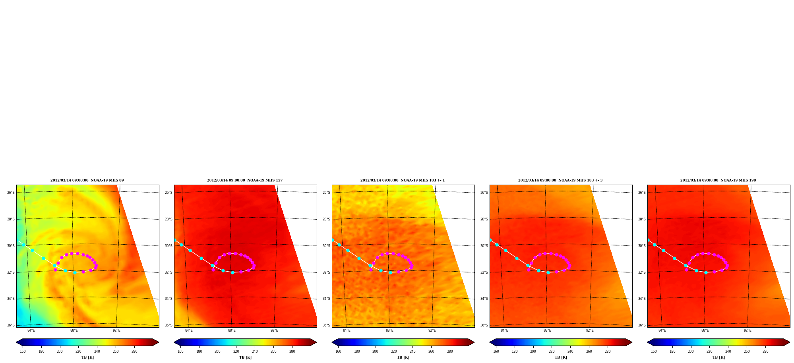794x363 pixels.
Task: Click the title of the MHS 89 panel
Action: click(x=87, y=180)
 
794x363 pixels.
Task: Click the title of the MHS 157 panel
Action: click(x=245, y=180)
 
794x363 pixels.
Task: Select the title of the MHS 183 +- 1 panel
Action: click(x=403, y=180)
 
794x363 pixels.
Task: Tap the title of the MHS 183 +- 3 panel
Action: click(x=560, y=180)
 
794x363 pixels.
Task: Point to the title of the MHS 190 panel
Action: click(x=718, y=180)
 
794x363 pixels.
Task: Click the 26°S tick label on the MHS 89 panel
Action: click(x=11, y=193)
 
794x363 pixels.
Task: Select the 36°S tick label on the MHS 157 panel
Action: click(x=168, y=325)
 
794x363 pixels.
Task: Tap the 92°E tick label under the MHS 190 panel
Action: click(x=748, y=330)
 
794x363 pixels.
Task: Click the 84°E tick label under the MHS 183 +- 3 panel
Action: click(x=504, y=330)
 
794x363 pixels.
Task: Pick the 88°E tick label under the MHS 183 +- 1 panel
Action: click(x=389, y=330)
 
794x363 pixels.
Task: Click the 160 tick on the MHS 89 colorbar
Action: click(x=23, y=351)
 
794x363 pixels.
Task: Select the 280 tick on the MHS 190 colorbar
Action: click(x=765, y=351)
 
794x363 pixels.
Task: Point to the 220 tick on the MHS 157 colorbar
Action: click(x=236, y=351)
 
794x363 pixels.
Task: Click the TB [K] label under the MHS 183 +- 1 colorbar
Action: click(x=403, y=357)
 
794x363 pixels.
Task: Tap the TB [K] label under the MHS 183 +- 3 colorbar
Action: click(x=561, y=357)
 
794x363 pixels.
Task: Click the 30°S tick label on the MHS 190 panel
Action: click(x=642, y=246)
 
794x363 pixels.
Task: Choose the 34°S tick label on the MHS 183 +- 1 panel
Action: click(x=326, y=299)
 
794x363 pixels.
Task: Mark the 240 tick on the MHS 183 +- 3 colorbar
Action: click(x=570, y=351)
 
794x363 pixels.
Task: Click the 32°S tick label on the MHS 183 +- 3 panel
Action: click(x=484, y=272)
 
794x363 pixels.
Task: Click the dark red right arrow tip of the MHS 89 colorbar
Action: click(x=158, y=342)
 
